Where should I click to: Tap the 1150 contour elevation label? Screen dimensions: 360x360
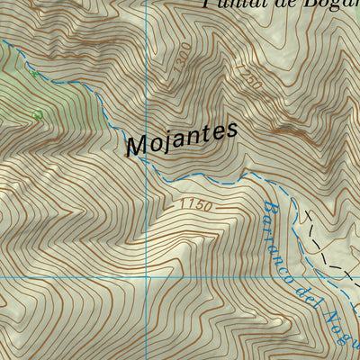click(196, 205)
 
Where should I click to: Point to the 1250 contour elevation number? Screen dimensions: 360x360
click(250, 81)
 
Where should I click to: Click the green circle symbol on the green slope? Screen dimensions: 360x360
click(38, 114)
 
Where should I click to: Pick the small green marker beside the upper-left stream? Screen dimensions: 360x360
click(35, 74)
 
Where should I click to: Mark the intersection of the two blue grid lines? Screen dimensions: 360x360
click(146, 277)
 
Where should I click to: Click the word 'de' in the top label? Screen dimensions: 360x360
click(267, 4)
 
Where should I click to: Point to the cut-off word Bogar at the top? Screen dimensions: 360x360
click(324, 4)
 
